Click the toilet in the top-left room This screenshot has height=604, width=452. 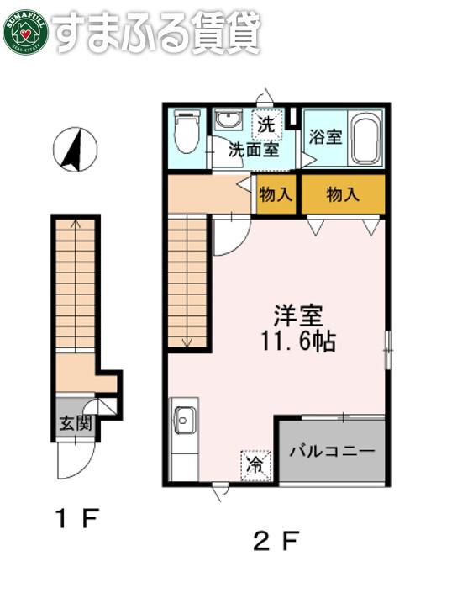pos(187,131)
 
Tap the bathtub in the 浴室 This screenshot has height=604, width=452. pos(366,138)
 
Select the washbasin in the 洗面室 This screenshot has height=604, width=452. pos(229,119)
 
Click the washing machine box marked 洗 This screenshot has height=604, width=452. pos(267,125)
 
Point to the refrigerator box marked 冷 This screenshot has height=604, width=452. pos(256,465)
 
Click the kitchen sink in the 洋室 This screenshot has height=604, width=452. pos(184,421)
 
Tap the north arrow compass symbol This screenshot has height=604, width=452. pos(75,150)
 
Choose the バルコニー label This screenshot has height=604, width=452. pos(332,451)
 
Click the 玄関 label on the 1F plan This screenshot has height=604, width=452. pos(75,424)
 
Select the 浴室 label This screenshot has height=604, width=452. pos(325,137)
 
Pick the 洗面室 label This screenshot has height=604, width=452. pos(254,150)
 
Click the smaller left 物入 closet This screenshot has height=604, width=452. pos(276,193)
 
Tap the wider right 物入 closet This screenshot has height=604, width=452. pos(343,193)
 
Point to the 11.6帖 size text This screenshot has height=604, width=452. pos(299,341)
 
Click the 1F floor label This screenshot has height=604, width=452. pos(77,518)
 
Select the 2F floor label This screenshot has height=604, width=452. pos(276,540)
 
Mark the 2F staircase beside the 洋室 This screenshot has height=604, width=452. pos(187,283)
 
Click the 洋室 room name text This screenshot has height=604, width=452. pos(299,315)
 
